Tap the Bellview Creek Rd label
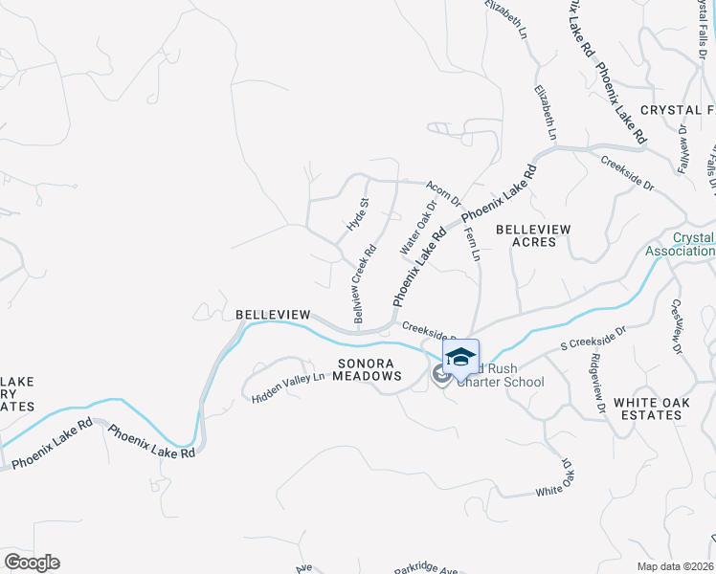pos(364,283)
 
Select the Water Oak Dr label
pos(417,226)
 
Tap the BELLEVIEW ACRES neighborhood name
pos(534,235)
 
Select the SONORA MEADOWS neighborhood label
pos(368,369)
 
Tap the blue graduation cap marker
pos(460,356)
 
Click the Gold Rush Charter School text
pos(502,376)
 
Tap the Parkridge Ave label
pos(427,566)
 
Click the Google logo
pos(32,563)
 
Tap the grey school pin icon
pos(441,374)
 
